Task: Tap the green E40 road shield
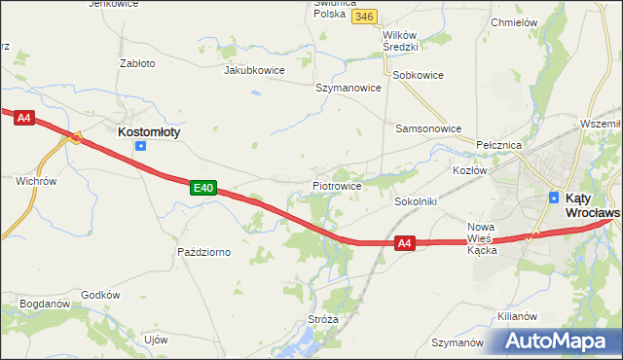202,187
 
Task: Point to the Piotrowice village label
338,185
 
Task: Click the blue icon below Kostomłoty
141,146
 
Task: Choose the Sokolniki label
415,201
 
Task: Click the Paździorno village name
203,252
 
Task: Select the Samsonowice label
427,127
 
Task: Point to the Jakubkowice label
253,70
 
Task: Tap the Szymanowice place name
348,87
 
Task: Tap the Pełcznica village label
499,144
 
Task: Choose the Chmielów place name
515,21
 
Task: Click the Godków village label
100,295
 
